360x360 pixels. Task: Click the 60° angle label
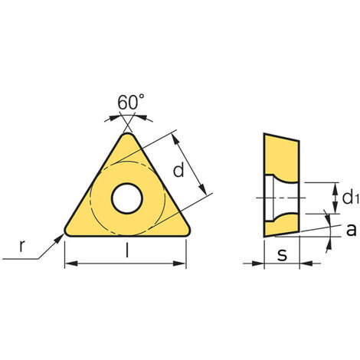click(x=131, y=102)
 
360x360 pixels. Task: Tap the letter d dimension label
click(x=178, y=170)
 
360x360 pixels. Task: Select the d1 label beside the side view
click(x=351, y=198)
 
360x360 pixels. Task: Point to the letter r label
click(x=22, y=246)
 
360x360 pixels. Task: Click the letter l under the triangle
click(x=127, y=250)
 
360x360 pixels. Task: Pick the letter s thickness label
click(x=282, y=254)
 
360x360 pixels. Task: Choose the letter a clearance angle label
click(x=351, y=230)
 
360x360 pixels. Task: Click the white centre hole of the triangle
click(x=126, y=198)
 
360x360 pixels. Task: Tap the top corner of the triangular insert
click(x=128, y=133)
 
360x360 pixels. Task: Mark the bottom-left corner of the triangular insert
click(x=65, y=234)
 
